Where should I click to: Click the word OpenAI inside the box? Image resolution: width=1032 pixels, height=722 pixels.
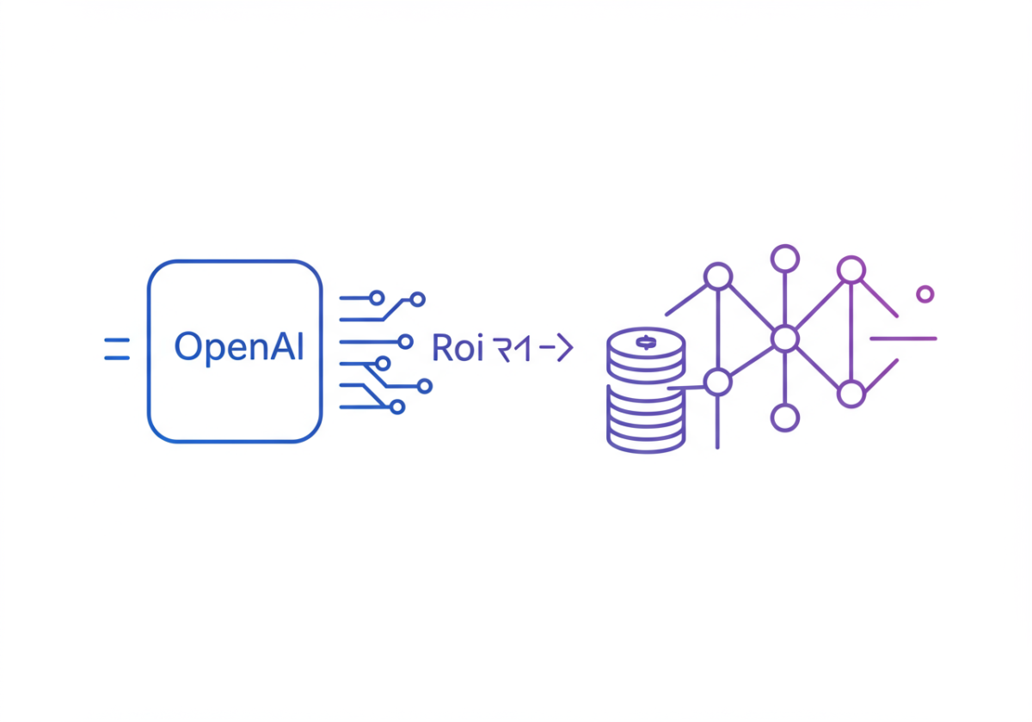pos(238,347)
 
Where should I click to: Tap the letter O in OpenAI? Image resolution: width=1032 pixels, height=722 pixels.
pos(187,347)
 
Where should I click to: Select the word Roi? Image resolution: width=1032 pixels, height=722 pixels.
pos(458,348)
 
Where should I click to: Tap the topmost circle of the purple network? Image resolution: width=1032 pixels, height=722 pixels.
pos(784,258)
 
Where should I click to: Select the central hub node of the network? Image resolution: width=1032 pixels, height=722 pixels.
pos(784,339)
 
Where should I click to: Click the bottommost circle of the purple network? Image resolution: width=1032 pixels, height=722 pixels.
pos(784,419)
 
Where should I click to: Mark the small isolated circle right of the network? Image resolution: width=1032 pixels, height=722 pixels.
pos(924,294)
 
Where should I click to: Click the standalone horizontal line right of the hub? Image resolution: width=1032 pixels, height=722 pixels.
pos(903,339)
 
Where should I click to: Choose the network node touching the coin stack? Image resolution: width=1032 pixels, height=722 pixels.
pos(717,381)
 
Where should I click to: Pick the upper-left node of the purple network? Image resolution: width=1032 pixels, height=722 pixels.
pos(717,277)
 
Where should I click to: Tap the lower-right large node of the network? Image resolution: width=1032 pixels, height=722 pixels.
pos(851,395)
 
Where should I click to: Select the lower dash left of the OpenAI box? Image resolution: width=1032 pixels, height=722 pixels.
pos(116,356)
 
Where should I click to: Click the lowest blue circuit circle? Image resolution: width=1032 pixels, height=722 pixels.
pos(396,407)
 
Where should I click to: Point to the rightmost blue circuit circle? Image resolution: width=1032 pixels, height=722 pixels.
pos(424,387)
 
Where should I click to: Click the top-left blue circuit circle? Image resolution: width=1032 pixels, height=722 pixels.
pos(376,298)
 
